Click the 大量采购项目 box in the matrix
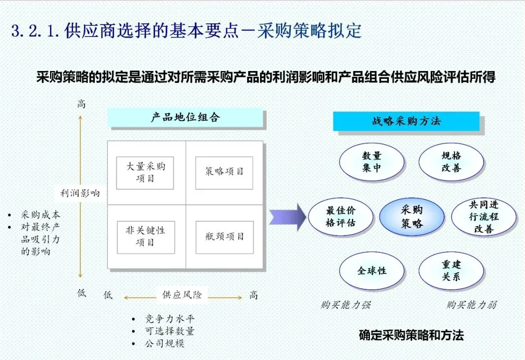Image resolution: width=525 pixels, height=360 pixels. click(145, 173)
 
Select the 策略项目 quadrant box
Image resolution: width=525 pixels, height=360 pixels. click(224, 173)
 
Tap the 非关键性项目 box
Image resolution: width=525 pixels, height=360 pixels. click(145, 237)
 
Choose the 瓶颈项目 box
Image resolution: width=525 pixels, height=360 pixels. click(224, 237)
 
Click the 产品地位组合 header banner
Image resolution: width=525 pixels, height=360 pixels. click(185, 118)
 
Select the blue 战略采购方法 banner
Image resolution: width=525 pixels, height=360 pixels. click(406, 121)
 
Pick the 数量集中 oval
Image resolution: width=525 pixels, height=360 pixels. click(371, 162)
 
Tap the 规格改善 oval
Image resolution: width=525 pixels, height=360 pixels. click(451, 162)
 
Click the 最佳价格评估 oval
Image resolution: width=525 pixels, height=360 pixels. click(340, 217)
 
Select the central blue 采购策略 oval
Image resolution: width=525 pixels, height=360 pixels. click(411, 217)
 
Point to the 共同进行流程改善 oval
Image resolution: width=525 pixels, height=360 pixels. click(484, 217)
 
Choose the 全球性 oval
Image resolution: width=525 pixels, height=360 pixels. click(371, 271)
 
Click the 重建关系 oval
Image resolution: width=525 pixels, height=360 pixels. click(451, 271)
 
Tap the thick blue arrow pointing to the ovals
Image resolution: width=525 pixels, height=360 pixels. click(287, 217)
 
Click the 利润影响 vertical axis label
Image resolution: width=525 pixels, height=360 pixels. click(80, 193)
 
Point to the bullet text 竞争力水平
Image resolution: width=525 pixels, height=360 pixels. click(169, 319)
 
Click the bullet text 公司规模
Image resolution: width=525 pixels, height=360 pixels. click(164, 343)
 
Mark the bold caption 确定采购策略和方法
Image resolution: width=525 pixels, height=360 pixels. click(411, 335)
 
